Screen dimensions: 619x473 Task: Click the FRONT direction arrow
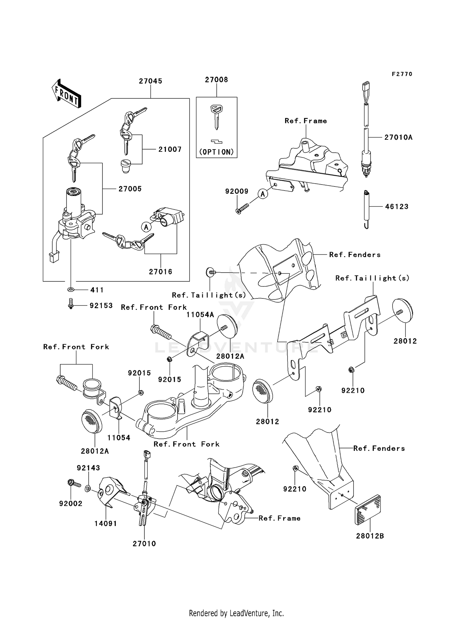[67, 93]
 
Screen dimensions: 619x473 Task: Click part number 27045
[150, 81]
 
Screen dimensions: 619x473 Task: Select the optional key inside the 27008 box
[216, 117]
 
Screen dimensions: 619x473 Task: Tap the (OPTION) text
[216, 152]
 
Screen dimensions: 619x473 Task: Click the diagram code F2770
[402, 74]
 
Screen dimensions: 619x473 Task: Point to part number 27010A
[398, 137]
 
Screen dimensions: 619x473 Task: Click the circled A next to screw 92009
[263, 194]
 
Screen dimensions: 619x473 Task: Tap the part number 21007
[170, 149]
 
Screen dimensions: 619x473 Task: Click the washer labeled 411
[71, 289]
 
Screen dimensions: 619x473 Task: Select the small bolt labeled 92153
[71, 304]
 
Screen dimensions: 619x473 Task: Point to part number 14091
[106, 523]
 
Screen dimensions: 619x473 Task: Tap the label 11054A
[200, 315]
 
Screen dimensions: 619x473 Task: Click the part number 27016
[161, 272]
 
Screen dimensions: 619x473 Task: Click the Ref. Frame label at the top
[306, 121]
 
